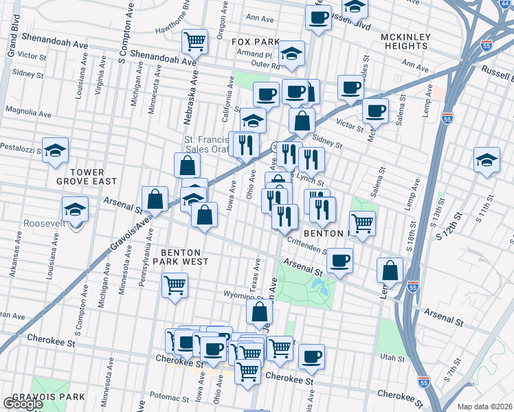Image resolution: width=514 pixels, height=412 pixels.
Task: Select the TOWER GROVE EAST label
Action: [x=87, y=176]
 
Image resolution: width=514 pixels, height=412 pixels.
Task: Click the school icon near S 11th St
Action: [x=487, y=161]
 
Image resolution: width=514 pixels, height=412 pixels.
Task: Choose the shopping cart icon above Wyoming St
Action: [x=175, y=284]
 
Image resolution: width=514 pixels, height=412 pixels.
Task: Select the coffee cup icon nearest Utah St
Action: [x=311, y=356]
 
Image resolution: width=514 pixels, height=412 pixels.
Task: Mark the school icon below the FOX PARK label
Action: [x=291, y=56]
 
